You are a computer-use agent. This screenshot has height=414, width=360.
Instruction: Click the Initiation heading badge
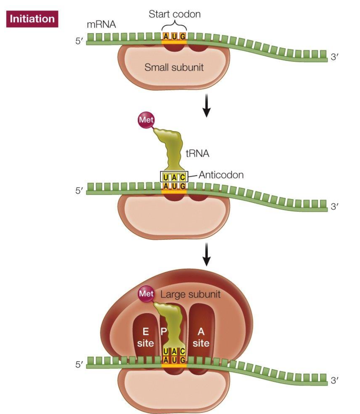tap(32, 19)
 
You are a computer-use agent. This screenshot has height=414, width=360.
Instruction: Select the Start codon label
tap(174, 15)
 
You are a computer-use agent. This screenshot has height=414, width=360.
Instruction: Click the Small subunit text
tap(174, 68)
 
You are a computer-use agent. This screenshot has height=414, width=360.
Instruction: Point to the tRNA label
tap(200, 154)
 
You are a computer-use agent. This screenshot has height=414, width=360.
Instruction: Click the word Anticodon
tap(221, 175)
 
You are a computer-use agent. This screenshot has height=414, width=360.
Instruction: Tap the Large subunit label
tap(190, 295)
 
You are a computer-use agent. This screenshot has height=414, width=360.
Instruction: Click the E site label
tap(146, 337)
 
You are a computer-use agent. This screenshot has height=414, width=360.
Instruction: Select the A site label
tap(201, 337)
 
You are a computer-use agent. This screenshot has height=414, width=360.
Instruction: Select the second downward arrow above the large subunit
tap(206, 258)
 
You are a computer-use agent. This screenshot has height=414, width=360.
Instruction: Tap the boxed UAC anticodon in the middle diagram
tap(174, 177)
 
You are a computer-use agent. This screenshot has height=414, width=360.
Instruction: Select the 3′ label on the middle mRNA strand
tap(335, 207)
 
